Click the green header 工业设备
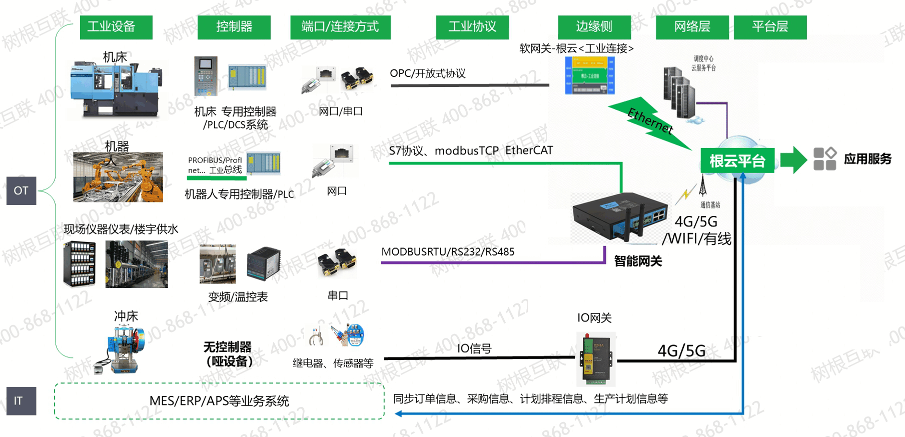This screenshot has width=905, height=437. [x=116, y=27]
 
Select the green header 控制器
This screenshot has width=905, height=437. [x=234, y=27]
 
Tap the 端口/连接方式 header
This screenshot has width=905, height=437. [x=340, y=27]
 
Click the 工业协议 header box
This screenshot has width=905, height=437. [x=472, y=27]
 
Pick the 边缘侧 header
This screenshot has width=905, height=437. [x=594, y=27]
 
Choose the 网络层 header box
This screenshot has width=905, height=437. [x=692, y=27]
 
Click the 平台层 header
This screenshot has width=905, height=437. [x=770, y=27]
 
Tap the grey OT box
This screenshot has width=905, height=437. [x=21, y=190]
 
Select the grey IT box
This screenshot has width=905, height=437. [x=21, y=401]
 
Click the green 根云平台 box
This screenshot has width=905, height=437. [x=737, y=161]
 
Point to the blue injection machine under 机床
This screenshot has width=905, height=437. [x=116, y=90]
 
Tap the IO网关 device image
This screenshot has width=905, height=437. [x=596, y=359]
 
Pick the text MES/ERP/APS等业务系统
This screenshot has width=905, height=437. [x=219, y=401]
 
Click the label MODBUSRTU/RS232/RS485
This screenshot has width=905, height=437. [x=448, y=252]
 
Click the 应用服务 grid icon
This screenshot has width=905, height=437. [x=824, y=159]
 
